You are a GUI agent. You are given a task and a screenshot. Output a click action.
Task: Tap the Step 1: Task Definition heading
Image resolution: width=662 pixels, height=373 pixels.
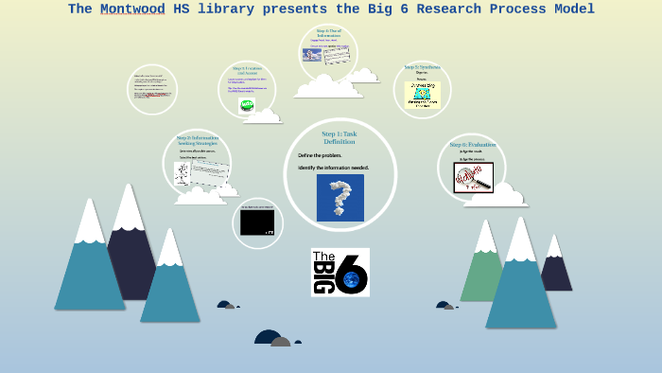pyautogui.click(x=340, y=137)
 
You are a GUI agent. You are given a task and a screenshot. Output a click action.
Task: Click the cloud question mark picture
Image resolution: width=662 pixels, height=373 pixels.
pyautogui.click(x=340, y=198)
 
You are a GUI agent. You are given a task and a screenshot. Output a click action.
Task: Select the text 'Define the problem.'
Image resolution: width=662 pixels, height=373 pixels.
pyautogui.click(x=320, y=155)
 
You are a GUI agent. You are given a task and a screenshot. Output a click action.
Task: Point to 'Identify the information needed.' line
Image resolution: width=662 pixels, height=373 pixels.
pyautogui.click(x=333, y=168)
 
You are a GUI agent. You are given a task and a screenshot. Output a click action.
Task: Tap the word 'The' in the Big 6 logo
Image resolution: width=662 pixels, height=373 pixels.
pyautogui.click(x=322, y=257)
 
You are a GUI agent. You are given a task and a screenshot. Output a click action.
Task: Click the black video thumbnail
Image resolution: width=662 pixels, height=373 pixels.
pyautogui.click(x=257, y=222)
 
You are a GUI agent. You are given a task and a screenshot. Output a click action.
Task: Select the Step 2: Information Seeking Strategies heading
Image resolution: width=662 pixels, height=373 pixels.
pyautogui.click(x=197, y=140)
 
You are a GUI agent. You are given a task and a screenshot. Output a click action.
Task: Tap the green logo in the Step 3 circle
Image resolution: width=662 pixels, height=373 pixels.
pyautogui.click(x=246, y=105)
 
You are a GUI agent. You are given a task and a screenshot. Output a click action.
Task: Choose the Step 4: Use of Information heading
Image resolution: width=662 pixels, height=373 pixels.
pyautogui.click(x=328, y=33)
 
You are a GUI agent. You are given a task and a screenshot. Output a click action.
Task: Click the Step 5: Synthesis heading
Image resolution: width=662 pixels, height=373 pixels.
pyautogui.click(x=422, y=67)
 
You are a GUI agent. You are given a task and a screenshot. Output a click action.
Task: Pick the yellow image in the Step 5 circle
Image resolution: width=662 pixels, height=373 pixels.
pyautogui.click(x=422, y=95)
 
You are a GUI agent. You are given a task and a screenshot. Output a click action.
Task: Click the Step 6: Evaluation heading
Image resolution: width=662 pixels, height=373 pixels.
pyautogui.click(x=471, y=145)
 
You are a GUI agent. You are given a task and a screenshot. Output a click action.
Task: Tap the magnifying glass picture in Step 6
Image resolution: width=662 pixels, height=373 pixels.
pyautogui.click(x=473, y=177)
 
